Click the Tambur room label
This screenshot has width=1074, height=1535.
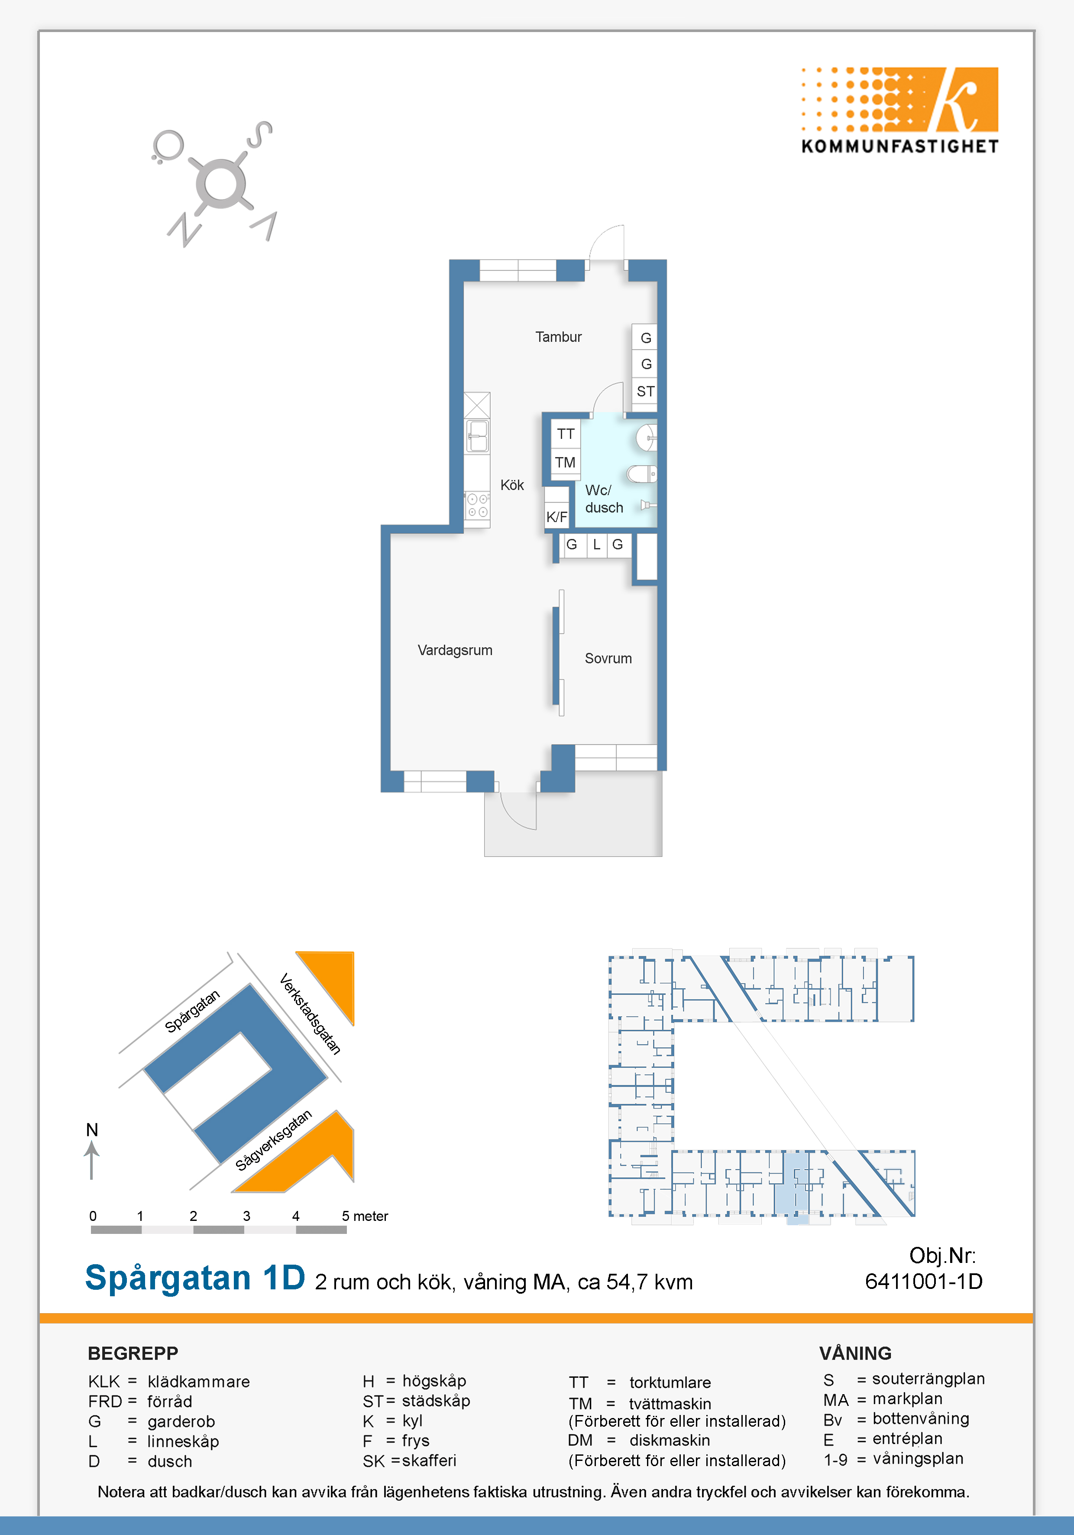pyautogui.click(x=558, y=337)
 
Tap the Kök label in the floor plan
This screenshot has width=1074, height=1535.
pyautogui.click(x=512, y=485)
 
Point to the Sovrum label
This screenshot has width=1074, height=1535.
pyautogui.click(x=608, y=659)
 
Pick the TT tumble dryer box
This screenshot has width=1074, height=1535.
pyautogui.click(x=566, y=434)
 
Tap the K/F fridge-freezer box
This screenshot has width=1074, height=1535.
pyautogui.click(x=557, y=516)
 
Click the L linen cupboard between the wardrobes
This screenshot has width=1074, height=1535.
pyautogui.click(x=597, y=545)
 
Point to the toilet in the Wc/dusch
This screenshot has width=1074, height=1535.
pyautogui.click(x=642, y=474)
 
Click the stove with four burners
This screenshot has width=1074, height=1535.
pyautogui.click(x=477, y=506)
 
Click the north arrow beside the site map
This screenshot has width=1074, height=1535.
pyautogui.click(x=91, y=1161)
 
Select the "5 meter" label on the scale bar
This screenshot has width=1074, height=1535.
pyautogui.click(x=365, y=1216)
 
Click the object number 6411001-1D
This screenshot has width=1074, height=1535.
pyautogui.click(x=924, y=1281)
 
